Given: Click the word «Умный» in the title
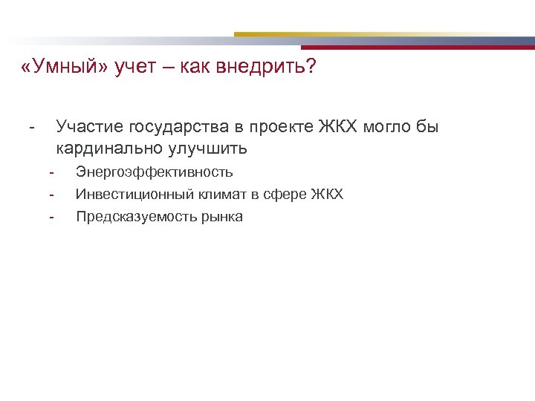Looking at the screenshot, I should click(x=66, y=68).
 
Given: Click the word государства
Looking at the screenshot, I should click(x=176, y=128).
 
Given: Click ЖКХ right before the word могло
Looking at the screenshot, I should click(x=338, y=128).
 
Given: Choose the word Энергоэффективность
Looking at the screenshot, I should click(x=155, y=172).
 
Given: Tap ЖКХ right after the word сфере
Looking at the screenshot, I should click(x=327, y=195).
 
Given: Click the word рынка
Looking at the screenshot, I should click(x=221, y=217).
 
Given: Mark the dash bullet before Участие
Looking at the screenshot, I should click(x=30, y=128).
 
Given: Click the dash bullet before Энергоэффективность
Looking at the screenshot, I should click(x=52, y=172).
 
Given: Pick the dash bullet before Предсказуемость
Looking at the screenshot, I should click(x=52, y=217).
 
